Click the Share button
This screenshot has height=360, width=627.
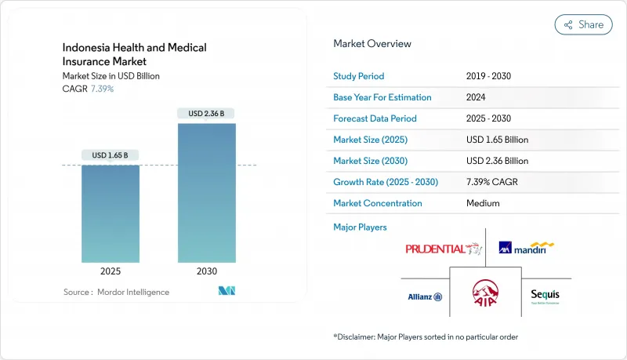[583, 24]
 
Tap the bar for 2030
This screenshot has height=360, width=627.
[206, 192]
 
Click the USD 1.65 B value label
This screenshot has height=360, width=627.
[111, 155]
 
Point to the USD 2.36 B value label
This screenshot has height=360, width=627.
[206, 114]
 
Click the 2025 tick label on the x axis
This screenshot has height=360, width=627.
[111, 271]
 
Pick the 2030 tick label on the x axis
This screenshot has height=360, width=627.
[206, 271]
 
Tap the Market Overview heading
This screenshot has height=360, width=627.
[372, 44]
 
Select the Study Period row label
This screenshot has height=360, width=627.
[360, 77]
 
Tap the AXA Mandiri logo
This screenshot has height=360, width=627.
[527, 249]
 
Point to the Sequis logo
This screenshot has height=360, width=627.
[545, 296]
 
